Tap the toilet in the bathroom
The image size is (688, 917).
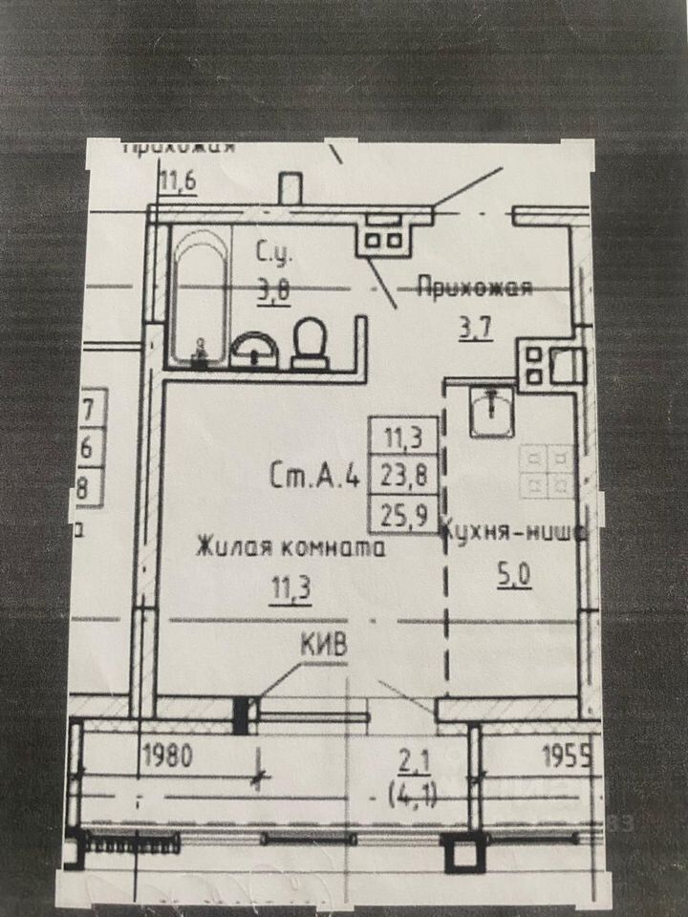pyautogui.click(x=310, y=344)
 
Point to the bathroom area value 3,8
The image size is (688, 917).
pyautogui.click(x=273, y=290)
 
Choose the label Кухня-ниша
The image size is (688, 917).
pyautogui.click(x=512, y=534)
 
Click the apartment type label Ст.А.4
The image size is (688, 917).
pyautogui.click(x=314, y=475)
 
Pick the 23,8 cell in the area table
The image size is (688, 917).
pyautogui.click(x=404, y=475)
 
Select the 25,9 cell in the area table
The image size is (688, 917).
pyautogui.click(x=404, y=511)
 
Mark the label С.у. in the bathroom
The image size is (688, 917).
pyautogui.click(x=273, y=254)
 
